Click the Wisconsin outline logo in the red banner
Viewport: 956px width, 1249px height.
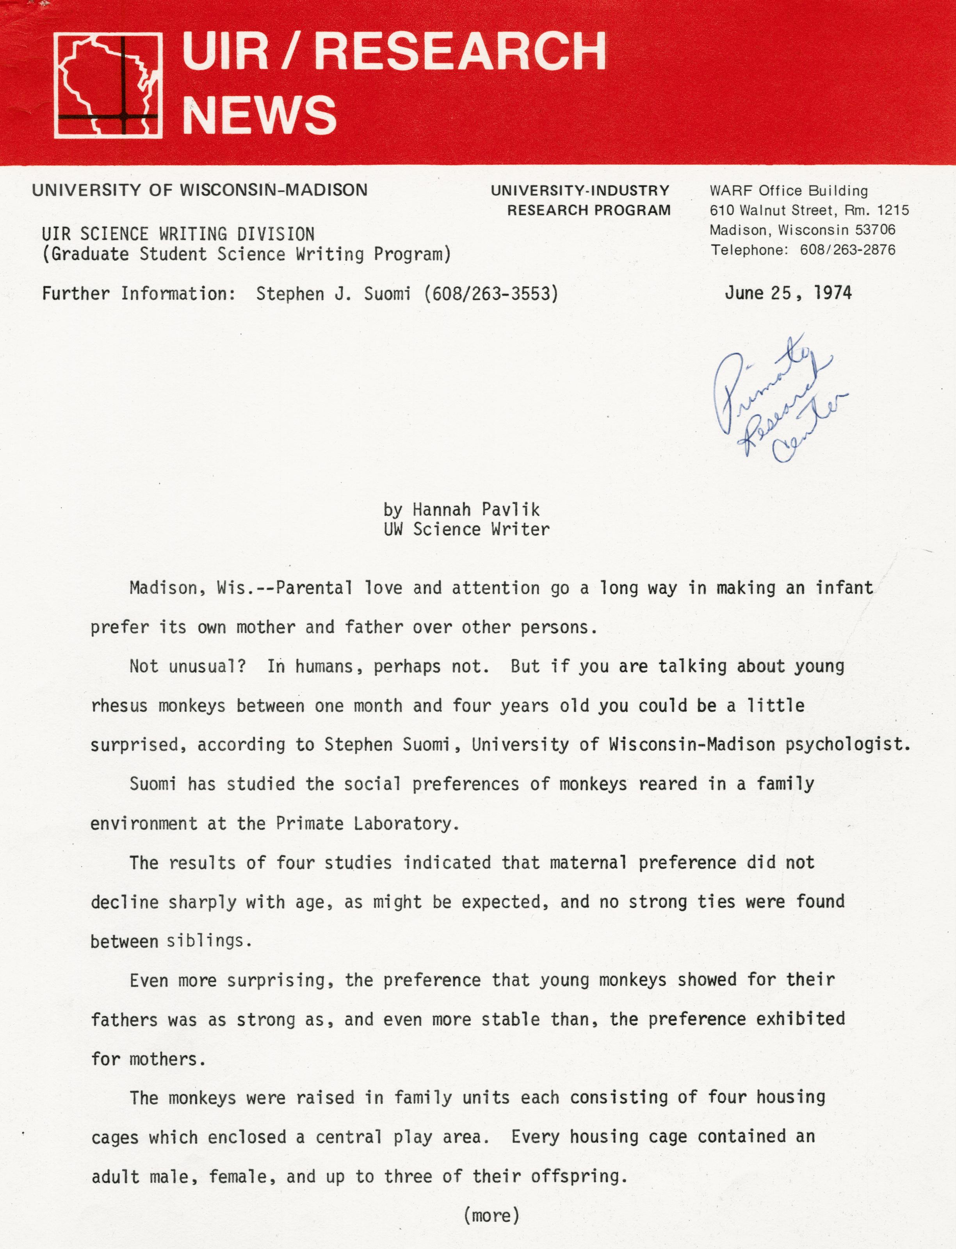[108, 86]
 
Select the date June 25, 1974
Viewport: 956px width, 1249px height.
[788, 293]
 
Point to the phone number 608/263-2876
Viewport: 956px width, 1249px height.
[847, 250]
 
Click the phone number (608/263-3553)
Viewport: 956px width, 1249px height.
[491, 294]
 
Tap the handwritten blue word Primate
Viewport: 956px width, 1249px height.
[762, 381]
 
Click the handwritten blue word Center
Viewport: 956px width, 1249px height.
[808, 435]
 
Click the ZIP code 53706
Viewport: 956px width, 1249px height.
[875, 230]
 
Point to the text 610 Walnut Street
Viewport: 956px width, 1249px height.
[772, 210]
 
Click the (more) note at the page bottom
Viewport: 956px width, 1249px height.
[491, 1215]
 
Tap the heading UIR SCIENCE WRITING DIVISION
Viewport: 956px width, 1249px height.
[178, 234]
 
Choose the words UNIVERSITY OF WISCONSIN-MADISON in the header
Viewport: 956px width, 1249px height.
[200, 190]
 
